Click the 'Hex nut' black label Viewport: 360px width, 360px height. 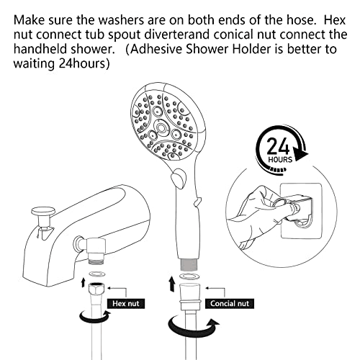[126, 304]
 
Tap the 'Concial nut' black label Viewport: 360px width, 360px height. [230, 304]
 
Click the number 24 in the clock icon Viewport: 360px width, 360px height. [278, 146]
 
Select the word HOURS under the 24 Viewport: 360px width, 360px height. [280, 160]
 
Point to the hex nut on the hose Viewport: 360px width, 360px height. [96, 289]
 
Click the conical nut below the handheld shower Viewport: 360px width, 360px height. [189, 297]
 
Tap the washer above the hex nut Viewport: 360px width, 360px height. [96, 274]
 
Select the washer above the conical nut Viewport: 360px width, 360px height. [189, 276]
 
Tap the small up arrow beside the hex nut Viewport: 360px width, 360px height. [83, 282]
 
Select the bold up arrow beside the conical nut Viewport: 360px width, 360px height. [171, 284]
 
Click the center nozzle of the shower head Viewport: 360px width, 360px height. [161, 128]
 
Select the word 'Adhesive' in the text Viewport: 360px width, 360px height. [157, 49]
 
